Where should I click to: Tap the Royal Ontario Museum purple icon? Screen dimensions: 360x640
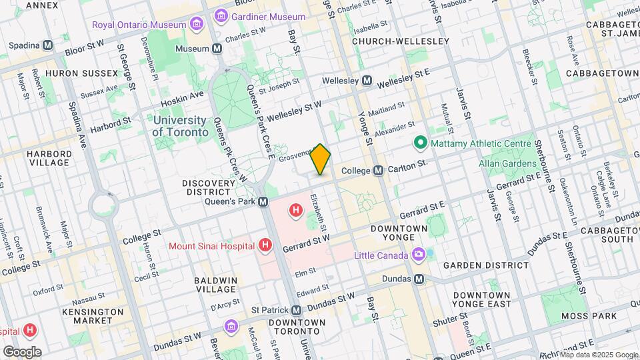(x=196, y=25)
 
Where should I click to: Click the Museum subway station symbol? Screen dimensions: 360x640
(x=217, y=49)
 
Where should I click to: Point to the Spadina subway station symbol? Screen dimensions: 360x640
(x=47, y=45)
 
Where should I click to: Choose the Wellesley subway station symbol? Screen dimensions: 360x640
(x=367, y=81)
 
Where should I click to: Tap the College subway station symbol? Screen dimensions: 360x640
(x=378, y=171)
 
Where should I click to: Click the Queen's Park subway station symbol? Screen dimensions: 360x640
(x=264, y=201)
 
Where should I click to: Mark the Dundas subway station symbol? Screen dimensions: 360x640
(x=419, y=279)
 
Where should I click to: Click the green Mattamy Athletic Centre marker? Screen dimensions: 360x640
(x=420, y=142)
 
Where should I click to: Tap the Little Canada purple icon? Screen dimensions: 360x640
(x=418, y=255)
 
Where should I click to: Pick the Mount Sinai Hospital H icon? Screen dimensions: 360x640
(x=265, y=246)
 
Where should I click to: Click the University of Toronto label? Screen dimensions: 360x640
(x=179, y=125)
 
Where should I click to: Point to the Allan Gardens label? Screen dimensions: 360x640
(x=507, y=163)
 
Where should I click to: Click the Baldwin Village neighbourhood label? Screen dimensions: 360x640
(x=215, y=285)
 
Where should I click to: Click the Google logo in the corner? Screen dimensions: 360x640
(x=22, y=351)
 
